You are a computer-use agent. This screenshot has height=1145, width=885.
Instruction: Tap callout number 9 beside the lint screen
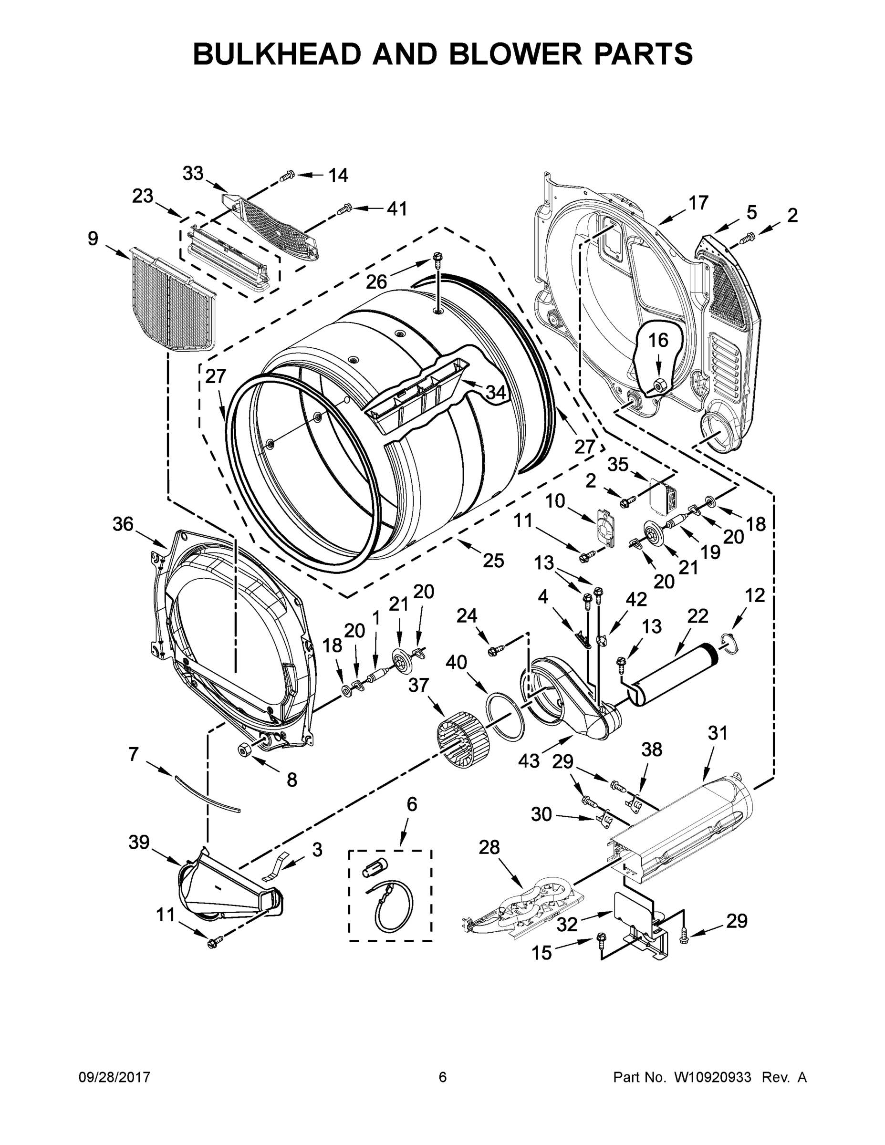click(93, 239)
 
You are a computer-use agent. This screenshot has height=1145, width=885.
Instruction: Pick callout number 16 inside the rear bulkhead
click(658, 340)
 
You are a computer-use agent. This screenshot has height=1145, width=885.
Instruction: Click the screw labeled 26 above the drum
click(437, 259)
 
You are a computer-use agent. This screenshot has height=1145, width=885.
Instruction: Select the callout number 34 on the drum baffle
click(495, 392)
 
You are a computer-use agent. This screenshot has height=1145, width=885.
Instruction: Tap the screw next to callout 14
click(287, 177)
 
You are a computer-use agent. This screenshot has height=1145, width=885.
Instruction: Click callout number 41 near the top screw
click(397, 208)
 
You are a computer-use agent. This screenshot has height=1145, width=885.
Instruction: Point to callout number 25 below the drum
click(493, 561)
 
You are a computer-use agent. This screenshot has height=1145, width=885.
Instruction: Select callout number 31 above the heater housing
click(717, 733)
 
